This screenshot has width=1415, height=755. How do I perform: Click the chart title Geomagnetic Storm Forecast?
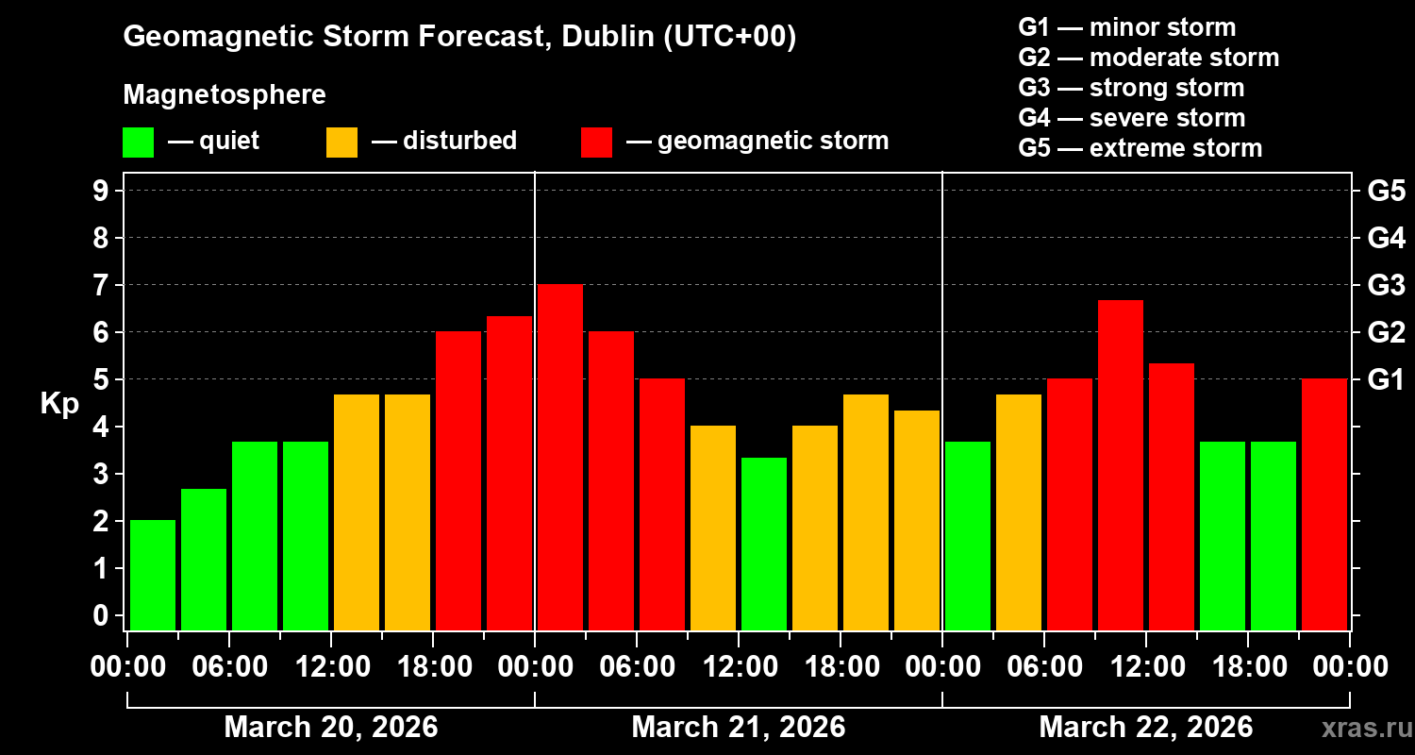pyautogui.click(x=460, y=38)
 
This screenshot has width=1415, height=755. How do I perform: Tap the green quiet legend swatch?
pyautogui.click(x=138, y=143)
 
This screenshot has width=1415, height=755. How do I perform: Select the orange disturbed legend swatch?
pyautogui.click(x=341, y=143)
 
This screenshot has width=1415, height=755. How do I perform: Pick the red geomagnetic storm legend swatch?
pyautogui.click(x=596, y=143)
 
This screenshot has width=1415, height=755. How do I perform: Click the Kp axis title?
pyautogui.click(x=59, y=404)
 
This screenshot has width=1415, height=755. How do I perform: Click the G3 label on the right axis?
pyautogui.click(x=1386, y=285)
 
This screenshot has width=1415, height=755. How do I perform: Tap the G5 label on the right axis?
pyautogui.click(x=1386, y=191)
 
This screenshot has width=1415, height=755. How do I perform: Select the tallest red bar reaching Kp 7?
pyautogui.click(x=560, y=457)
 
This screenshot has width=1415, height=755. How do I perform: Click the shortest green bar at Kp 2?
pyautogui.click(x=153, y=575)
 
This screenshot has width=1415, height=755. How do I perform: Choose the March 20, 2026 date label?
pyautogui.click(x=331, y=728)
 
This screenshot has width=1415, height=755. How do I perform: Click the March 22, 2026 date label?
pyautogui.click(x=1146, y=728)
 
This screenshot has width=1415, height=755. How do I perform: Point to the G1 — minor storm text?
pyautogui.click(x=1127, y=27)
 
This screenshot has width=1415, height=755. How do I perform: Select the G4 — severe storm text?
pyautogui.click(x=1132, y=118)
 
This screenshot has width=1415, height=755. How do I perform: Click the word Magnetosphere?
pyautogui.click(x=225, y=95)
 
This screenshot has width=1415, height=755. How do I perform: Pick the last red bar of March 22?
pyautogui.click(x=1324, y=504)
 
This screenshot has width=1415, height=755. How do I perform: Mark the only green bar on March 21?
pyautogui.click(x=764, y=544)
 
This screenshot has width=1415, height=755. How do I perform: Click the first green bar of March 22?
pyautogui.click(x=968, y=535)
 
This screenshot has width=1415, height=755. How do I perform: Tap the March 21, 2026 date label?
pyautogui.click(x=739, y=728)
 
